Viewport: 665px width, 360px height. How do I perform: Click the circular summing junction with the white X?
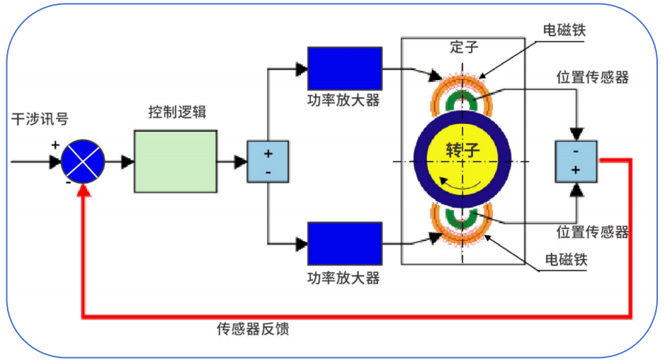[83, 162]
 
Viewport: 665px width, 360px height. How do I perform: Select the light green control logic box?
[176, 162]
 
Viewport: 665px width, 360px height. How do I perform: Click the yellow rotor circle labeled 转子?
[463, 153]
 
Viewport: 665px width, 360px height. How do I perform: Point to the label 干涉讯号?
[40, 119]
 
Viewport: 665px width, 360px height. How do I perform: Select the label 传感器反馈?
[253, 329]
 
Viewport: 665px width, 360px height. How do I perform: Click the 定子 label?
[464, 47]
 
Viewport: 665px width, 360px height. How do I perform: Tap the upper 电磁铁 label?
[564, 30]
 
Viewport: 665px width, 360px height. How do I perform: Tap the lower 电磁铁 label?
[564, 260]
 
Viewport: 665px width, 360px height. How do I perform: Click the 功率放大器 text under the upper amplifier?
[343, 100]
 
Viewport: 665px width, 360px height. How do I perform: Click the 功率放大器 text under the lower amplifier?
[343, 277]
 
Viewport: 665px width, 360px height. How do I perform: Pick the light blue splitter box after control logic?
[268, 162]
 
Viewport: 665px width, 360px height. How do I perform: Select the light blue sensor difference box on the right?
[577, 161]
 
